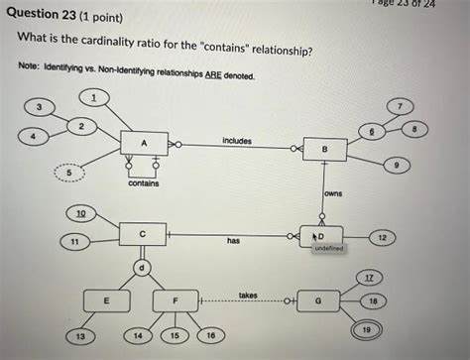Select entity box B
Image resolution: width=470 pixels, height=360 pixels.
(324, 150)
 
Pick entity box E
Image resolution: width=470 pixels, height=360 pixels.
(106, 300)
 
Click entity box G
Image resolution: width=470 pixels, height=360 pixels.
(317, 300)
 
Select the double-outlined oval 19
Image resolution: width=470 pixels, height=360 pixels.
(368, 327)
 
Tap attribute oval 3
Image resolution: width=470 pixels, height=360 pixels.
(38, 106)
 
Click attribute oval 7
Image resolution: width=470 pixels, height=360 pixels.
(401, 105)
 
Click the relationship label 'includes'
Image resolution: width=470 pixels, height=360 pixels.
(237, 141)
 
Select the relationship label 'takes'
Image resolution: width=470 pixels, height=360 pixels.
(248, 295)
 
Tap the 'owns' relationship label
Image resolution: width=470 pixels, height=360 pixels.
(332, 194)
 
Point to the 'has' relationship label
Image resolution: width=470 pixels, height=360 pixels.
(233, 241)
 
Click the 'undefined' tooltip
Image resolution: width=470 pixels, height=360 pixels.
(327, 248)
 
